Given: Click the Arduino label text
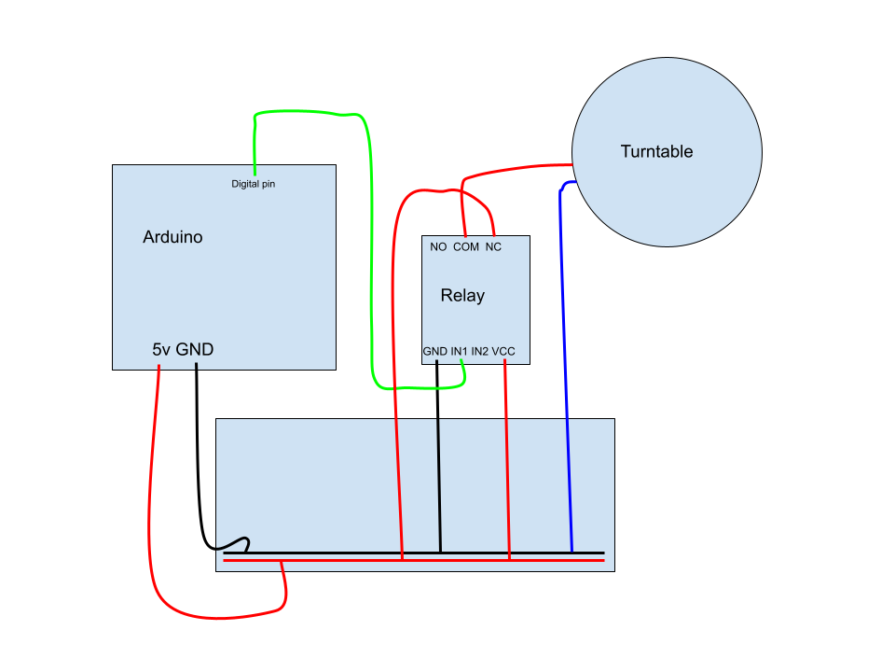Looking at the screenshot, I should coord(172,237).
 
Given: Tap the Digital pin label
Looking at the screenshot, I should coord(254,184).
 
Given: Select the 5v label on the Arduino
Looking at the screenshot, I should coord(162,350).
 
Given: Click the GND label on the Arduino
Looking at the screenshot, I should coord(195,350).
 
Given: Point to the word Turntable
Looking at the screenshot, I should coord(656,151).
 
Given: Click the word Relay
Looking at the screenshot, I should coord(462,296).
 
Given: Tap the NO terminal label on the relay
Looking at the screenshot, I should coord(438,247).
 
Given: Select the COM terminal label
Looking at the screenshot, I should coord(466,247).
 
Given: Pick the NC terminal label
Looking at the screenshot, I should coord(493,247).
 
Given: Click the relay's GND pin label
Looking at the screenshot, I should coord(435,351).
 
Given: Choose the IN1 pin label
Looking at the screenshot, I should coord(459,351).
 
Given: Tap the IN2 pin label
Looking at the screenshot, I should coord(480,351).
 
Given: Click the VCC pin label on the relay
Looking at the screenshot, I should coord(503,351).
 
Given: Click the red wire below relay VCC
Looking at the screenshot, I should coord(507,467).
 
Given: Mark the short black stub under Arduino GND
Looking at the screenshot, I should coord(196,366).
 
